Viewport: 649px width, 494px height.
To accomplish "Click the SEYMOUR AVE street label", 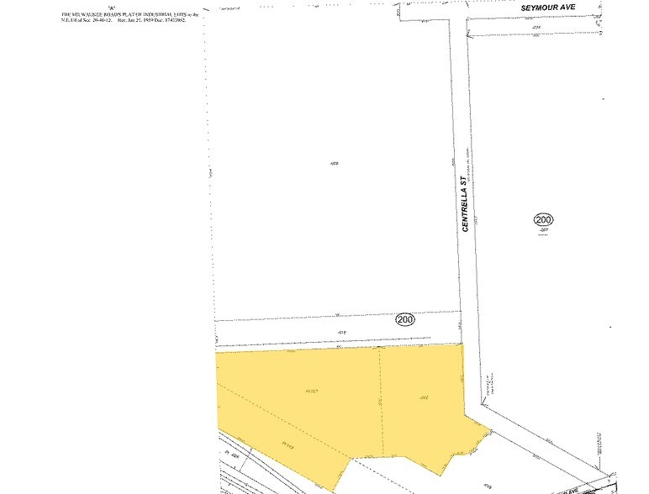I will (x=547, y=7).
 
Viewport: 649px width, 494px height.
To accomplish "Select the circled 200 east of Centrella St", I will (x=543, y=220).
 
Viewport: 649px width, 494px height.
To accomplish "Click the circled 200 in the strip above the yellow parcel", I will (x=405, y=319).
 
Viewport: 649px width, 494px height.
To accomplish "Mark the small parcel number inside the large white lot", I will (x=334, y=163).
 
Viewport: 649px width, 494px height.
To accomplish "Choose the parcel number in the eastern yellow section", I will (x=425, y=397).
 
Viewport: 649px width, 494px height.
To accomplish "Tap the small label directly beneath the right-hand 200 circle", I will (x=543, y=229).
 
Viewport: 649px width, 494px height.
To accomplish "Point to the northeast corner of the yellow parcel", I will (x=462, y=344).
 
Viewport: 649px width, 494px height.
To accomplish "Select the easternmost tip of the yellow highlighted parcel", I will (x=491, y=428).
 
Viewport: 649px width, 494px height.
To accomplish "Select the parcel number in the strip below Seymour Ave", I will (x=535, y=27).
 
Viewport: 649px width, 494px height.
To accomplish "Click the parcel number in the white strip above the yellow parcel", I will (x=342, y=332).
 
